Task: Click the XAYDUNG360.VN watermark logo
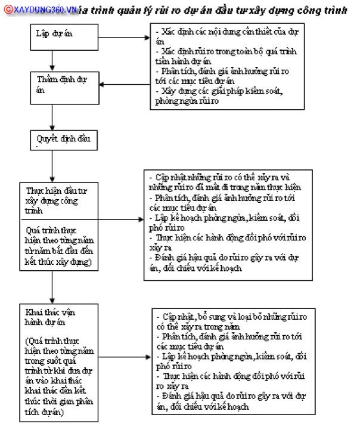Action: click(40, 10)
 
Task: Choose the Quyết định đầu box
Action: click(63, 140)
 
